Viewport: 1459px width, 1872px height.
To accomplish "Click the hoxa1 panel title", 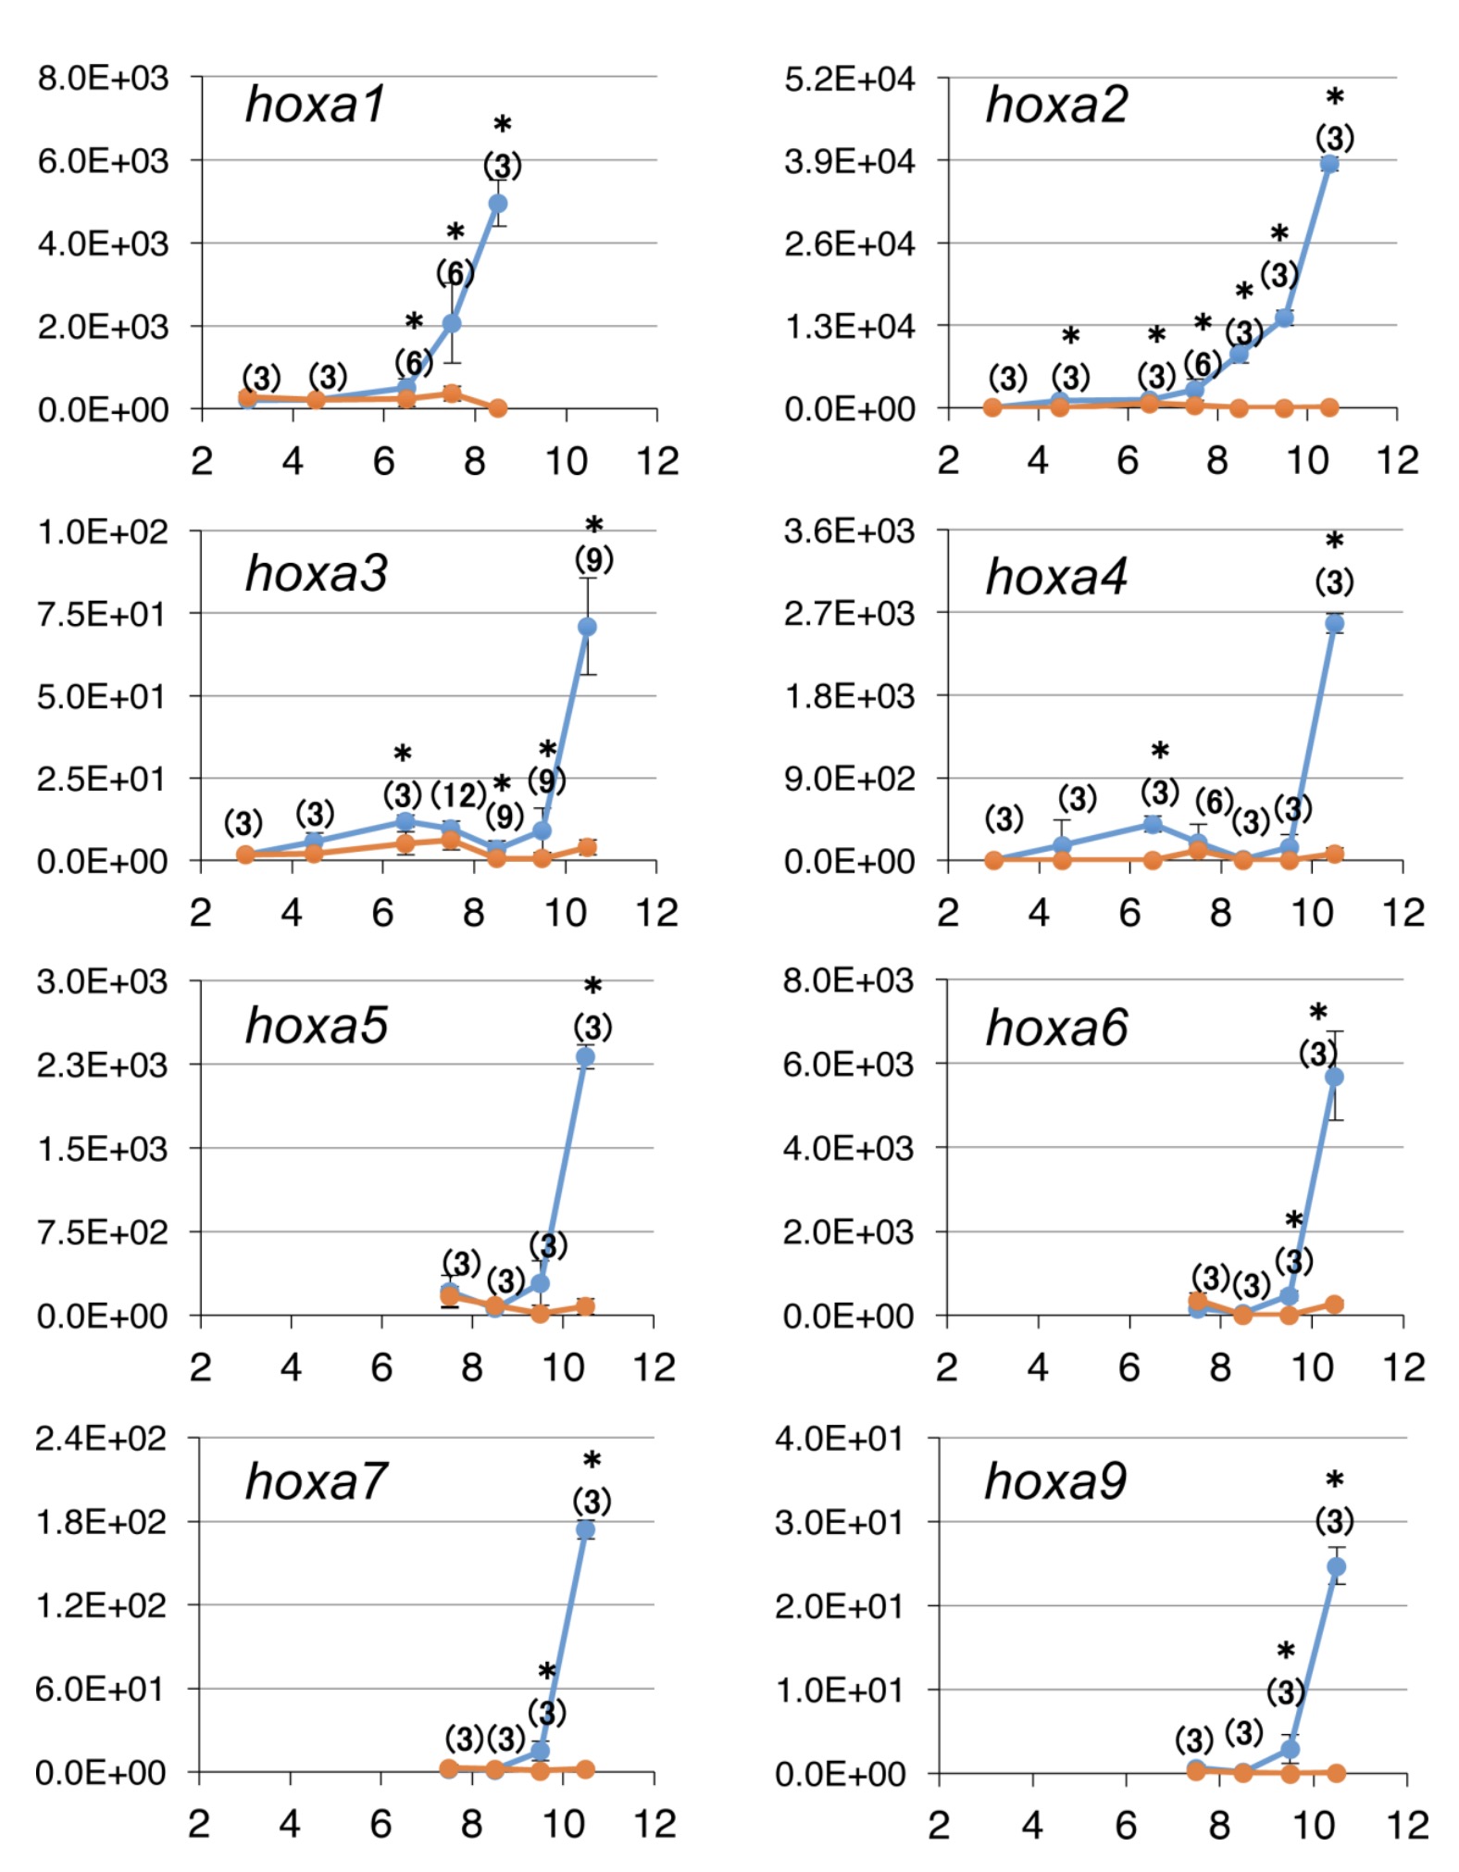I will (315, 104).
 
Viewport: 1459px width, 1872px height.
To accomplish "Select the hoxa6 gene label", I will (1056, 1028).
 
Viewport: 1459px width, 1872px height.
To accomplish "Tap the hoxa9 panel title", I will (1055, 1481).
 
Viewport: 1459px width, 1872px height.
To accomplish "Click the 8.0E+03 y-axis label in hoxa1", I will (103, 78).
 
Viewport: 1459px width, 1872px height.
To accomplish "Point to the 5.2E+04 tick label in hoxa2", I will (849, 79).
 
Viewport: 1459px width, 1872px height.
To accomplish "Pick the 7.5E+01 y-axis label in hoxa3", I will (103, 614).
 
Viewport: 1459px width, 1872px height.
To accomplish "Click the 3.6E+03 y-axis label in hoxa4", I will (849, 531).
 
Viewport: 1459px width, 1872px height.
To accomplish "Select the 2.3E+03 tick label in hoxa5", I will (103, 1065).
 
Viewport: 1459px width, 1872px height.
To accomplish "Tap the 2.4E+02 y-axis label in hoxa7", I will (101, 1439).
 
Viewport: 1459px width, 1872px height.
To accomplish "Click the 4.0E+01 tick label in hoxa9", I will (839, 1440).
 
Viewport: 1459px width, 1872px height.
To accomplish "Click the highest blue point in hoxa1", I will (498, 203).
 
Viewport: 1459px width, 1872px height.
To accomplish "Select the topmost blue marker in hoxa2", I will (1329, 164).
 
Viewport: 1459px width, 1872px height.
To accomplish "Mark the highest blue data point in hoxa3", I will (587, 627).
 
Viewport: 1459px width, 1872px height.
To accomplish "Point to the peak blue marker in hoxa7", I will (585, 1529).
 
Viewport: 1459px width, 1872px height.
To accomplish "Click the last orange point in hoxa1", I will (498, 407).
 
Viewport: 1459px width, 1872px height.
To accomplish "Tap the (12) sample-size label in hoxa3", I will (458, 794).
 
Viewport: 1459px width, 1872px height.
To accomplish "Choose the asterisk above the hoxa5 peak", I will (592, 987).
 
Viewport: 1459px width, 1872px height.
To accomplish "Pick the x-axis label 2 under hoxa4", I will (947, 913).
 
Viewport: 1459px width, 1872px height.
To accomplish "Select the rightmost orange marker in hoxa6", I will (1334, 1304).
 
